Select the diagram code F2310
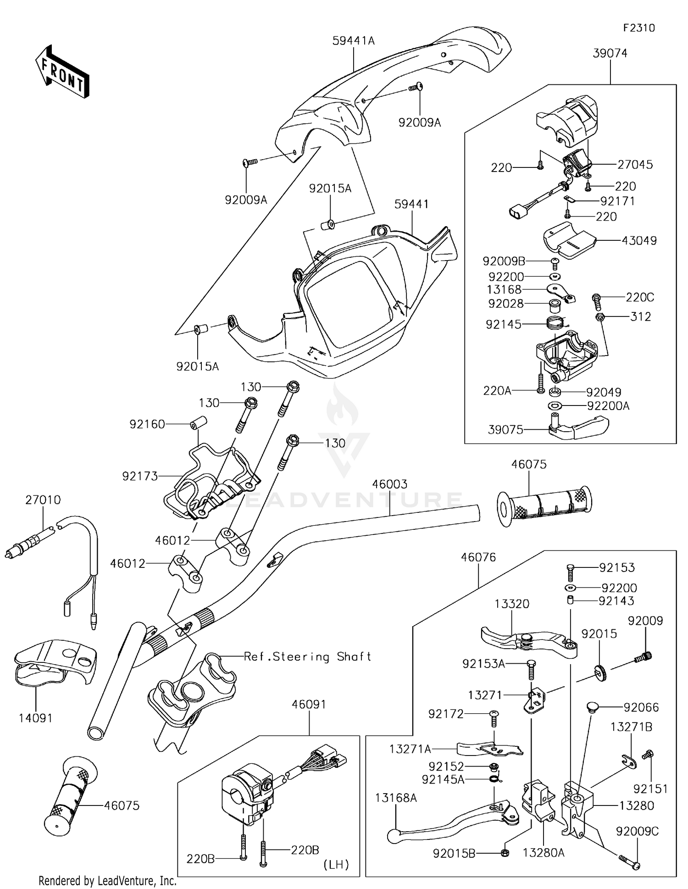639,28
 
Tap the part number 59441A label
354,41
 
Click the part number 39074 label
610,53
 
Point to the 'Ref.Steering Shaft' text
307,657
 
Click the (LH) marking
336,865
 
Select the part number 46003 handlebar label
389,484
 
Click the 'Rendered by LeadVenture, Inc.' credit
108,880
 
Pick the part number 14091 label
36,718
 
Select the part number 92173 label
140,476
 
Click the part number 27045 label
635,164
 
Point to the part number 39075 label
505,429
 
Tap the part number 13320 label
512,604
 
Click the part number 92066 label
641,707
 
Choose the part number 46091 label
309,704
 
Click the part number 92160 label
147,424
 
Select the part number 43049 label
639,240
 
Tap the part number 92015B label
454,853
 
